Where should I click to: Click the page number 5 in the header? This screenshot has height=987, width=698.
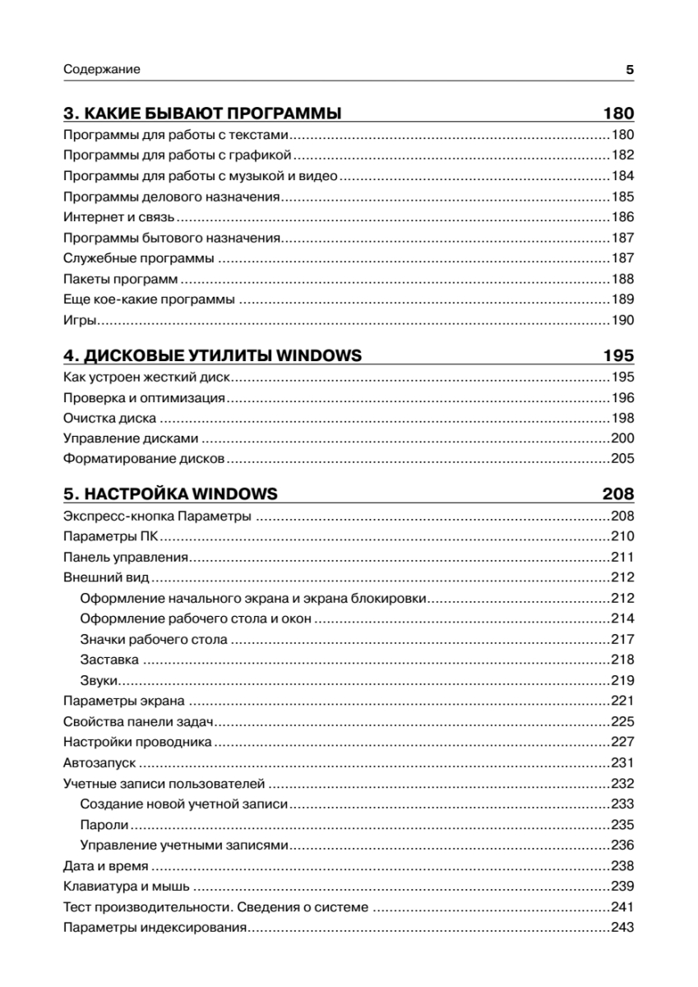point(629,70)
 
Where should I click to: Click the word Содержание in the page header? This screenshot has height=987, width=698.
point(102,70)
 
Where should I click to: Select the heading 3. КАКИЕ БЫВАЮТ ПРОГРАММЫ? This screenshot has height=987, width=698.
point(202,114)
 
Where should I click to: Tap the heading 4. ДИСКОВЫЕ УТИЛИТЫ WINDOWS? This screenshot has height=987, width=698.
point(213,355)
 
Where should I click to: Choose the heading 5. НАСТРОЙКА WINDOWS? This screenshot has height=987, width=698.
point(170,494)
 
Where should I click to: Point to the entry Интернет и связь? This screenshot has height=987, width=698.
point(118,218)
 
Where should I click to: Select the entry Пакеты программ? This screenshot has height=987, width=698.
point(121,280)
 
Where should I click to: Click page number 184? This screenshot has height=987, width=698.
point(622,176)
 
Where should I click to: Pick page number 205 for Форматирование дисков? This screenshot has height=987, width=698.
point(622,459)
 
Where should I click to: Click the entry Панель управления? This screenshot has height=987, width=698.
point(126,557)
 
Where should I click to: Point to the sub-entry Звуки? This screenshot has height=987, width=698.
point(100,680)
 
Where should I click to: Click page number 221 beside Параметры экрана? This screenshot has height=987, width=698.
point(622,701)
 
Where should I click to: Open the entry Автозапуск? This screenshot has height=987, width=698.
point(99,762)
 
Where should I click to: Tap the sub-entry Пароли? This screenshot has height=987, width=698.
point(104,824)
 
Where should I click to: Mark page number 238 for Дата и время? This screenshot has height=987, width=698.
point(622,866)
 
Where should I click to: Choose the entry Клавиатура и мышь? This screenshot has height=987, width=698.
point(126,887)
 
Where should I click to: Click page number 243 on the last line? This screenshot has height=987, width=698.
point(622,928)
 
